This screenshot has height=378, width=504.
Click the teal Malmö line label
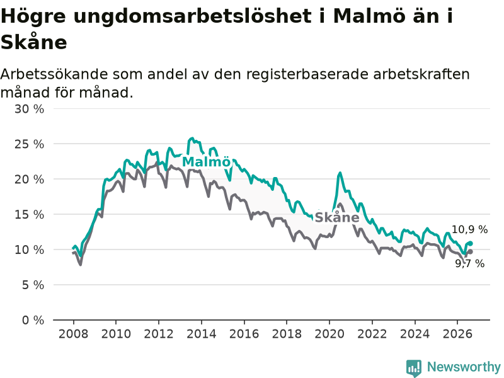point(207,162)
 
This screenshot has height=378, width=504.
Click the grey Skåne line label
point(337,217)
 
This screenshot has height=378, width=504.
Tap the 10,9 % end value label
point(469,229)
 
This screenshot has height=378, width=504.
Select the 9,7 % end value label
point(469,263)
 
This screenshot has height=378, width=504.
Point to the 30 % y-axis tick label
point(29,109)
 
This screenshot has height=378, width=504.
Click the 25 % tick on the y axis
point(29,144)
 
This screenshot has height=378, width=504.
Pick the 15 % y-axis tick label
point(29,214)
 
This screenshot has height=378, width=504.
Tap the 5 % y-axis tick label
point(33,285)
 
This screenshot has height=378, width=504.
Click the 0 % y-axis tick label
point(33,320)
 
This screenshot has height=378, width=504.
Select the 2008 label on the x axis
point(73,334)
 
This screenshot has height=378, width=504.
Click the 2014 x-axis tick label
point(202,334)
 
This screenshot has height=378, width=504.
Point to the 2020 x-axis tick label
point(329,334)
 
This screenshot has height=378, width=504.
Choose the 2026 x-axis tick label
point(457,334)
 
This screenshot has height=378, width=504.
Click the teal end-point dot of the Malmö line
point(471,243)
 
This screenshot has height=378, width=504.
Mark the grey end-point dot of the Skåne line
point(471,251)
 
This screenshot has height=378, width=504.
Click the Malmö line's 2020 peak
point(340,173)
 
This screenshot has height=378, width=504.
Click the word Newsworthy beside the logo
point(464,367)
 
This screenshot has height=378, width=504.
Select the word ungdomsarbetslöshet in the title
point(193,16)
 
